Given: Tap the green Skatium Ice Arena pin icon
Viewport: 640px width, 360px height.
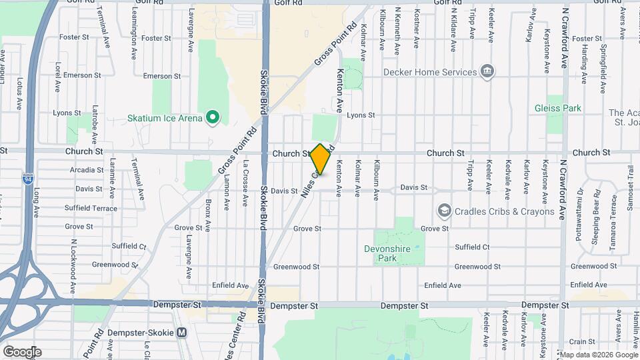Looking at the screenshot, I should point(213,119).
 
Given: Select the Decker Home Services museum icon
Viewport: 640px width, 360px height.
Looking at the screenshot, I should point(487,72).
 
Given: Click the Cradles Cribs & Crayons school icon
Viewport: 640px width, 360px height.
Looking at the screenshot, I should point(443,211).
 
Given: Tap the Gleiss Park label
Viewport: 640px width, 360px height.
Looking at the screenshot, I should point(558,108).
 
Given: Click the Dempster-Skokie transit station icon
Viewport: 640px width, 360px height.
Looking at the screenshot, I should point(182,332).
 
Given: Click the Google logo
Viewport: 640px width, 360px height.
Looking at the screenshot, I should point(21,352).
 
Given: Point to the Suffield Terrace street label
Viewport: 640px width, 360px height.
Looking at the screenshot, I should point(91,208).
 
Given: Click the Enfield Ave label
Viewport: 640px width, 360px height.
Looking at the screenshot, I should point(442,285).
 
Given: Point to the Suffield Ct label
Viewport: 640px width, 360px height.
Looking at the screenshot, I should point(472,247).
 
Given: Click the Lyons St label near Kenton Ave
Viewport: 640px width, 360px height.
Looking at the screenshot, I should point(361,115).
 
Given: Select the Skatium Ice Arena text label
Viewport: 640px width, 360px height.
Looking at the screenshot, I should point(165,119).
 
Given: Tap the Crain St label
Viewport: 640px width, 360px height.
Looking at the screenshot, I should point(577,341).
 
